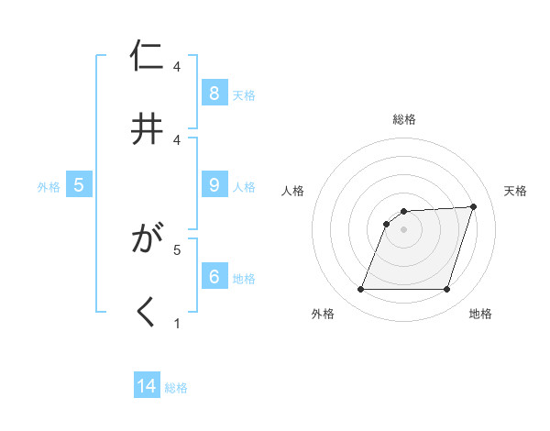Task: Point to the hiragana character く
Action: [x=148, y=312]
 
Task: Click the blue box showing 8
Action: [x=214, y=93]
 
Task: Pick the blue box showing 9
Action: [x=214, y=184]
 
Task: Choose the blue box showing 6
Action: [x=214, y=276]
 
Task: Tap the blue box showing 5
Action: [x=79, y=184]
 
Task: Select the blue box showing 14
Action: [x=147, y=386]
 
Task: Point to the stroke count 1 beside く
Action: [x=177, y=323]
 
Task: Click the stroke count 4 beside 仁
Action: [x=177, y=67]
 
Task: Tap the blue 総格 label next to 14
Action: [x=176, y=388]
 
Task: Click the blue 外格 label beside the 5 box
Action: [x=49, y=186]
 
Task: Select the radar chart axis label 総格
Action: [x=404, y=119]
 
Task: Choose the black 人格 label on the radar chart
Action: [x=293, y=191]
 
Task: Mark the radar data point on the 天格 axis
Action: [x=474, y=207]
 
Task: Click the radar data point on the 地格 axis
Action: [x=447, y=290]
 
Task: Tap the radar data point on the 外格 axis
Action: [x=361, y=290]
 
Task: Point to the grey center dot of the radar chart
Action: [x=404, y=229]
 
